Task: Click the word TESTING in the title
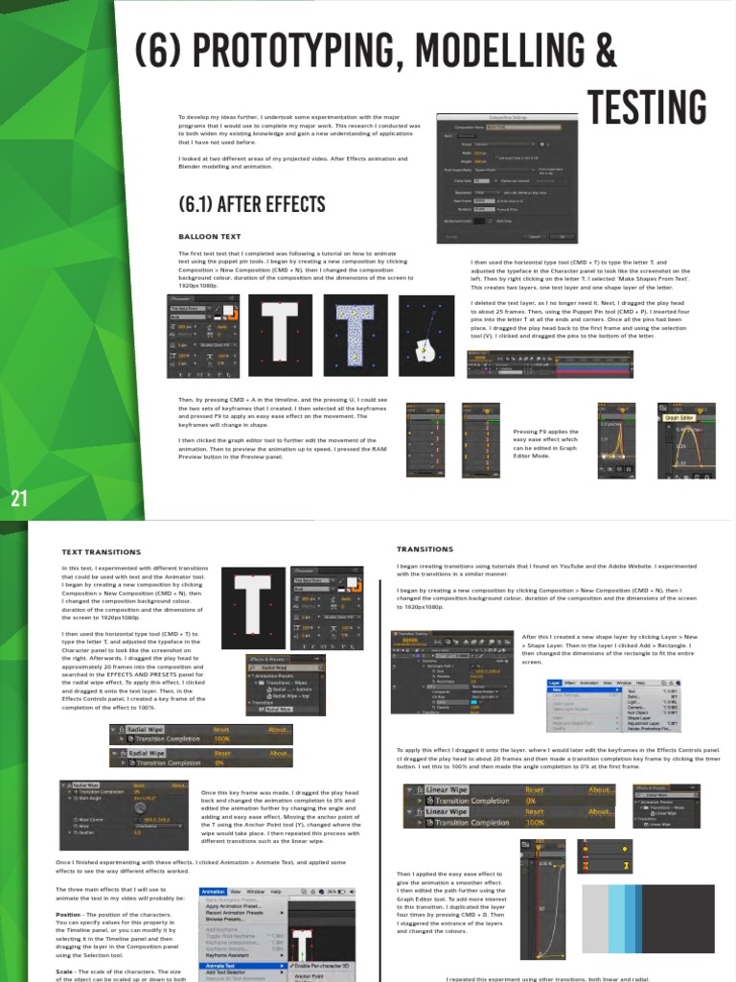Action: pos(647,106)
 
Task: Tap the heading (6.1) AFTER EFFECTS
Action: pos(239,204)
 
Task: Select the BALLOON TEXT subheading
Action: pos(209,235)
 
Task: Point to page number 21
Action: pos(19,498)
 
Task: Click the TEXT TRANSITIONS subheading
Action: pos(101,552)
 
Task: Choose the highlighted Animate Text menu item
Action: pos(226,965)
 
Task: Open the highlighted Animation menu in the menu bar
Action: pos(214,891)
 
